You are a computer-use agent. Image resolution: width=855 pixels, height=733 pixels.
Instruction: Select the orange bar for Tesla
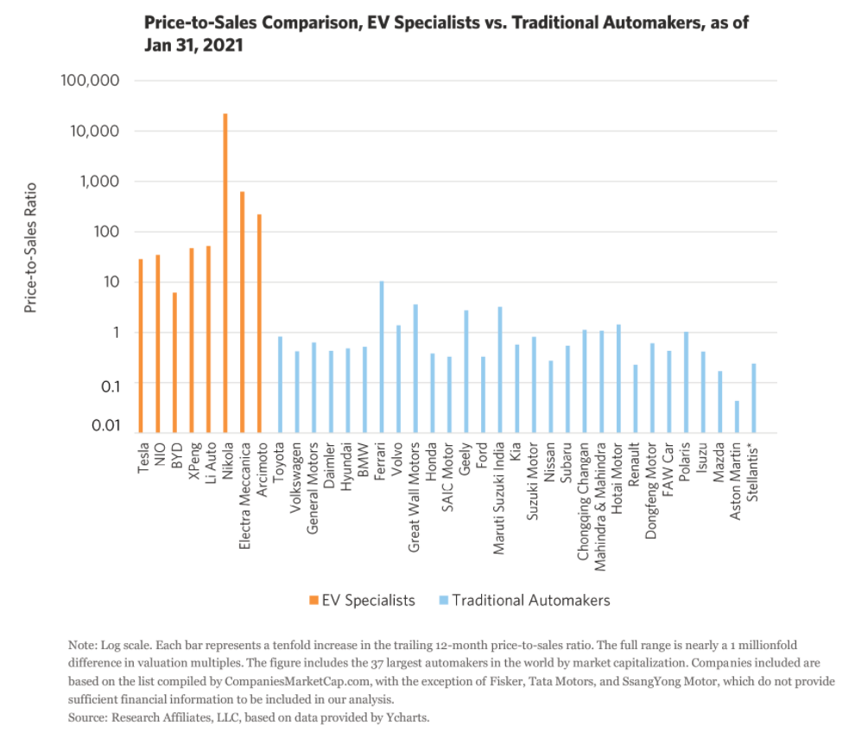tap(141, 346)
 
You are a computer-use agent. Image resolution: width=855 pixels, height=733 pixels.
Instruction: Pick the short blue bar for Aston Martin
tap(737, 416)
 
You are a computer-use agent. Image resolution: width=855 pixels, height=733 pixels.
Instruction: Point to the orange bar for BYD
tap(174, 362)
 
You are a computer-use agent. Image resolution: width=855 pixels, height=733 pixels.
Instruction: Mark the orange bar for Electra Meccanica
tap(243, 311)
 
